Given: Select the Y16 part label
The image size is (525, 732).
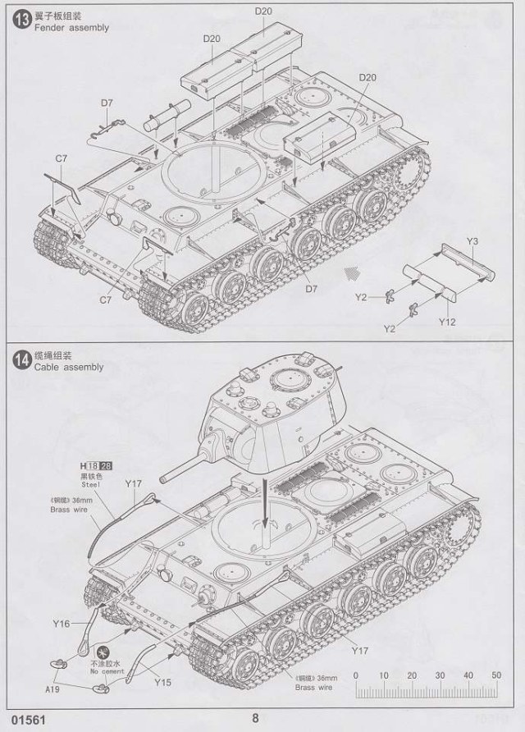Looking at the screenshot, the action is click(x=61, y=623).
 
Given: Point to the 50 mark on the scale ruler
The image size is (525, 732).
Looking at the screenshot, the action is click(x=495, y=675).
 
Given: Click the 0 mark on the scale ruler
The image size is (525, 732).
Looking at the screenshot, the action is click(x=355, y=675).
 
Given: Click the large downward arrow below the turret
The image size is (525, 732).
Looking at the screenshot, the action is click(x=265, y=512).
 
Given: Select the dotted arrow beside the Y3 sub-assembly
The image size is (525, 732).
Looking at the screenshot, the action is click(x=354, y=271).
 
